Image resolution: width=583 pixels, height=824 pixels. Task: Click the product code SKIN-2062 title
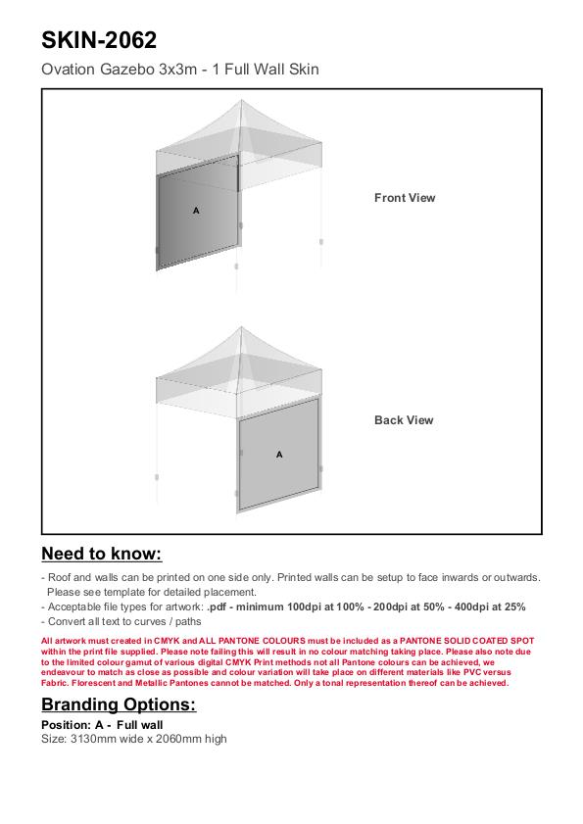coord(99,40)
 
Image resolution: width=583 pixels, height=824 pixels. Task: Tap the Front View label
coord(405,198)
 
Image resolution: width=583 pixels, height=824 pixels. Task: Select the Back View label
coord(404,420)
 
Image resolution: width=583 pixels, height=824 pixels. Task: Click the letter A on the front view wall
coord(196,211)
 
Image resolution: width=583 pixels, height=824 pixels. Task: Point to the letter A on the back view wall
coord(279,454)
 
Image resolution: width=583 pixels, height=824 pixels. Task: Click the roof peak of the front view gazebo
coord(241,100)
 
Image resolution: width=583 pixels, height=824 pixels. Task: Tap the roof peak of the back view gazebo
coord(241,327)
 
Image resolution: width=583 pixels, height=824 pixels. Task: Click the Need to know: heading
coord(102,554)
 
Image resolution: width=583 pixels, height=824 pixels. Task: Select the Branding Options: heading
coord(119,704)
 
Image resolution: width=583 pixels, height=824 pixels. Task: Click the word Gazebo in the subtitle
coord(127,69)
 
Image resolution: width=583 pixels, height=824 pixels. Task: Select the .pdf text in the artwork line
coord(217,606)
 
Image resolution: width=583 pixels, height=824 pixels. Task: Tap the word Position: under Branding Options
coord(67,725)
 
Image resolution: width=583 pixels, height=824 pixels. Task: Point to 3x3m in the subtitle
coord(178,69)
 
